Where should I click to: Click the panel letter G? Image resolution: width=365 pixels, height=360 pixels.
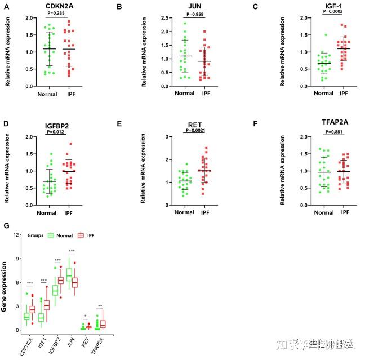click(6, 226)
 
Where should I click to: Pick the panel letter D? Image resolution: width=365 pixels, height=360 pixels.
click(6, 123)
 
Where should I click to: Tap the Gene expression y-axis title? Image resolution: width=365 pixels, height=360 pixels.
click(5, 290)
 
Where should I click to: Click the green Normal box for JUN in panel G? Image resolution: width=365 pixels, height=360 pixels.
click(70, 274)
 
